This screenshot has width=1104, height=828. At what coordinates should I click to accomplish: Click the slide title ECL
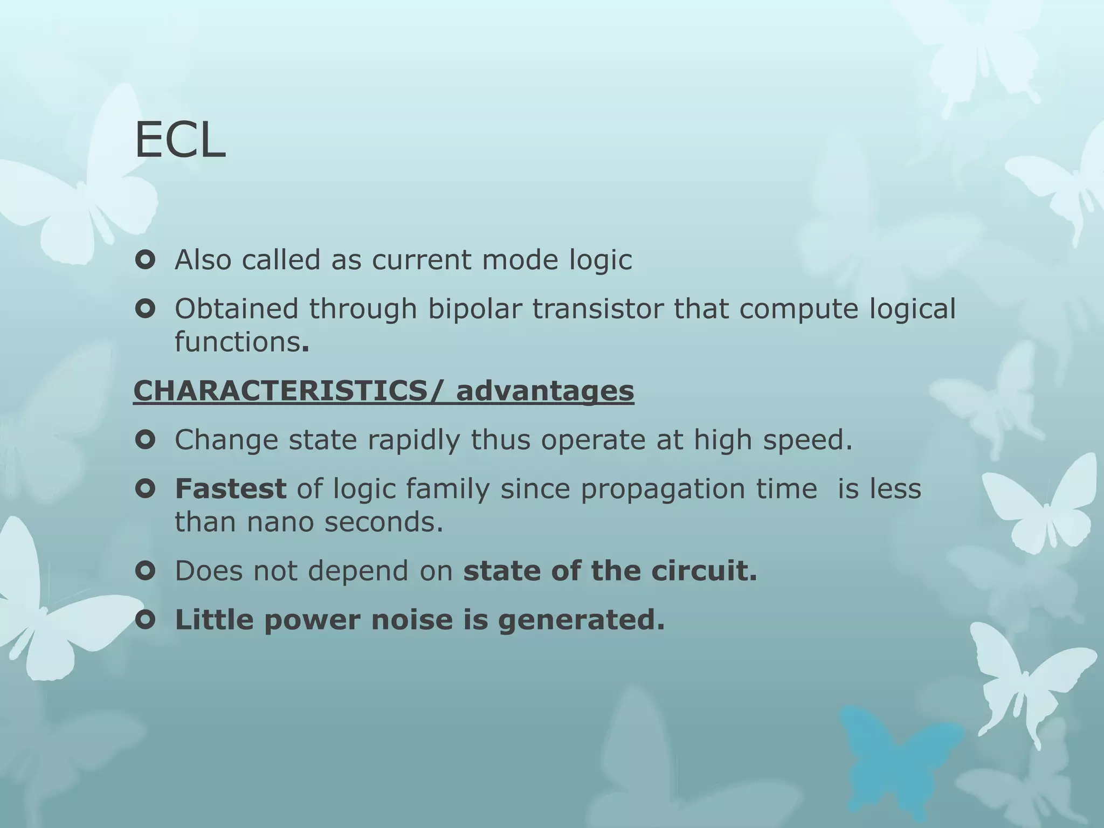tap(180, 141)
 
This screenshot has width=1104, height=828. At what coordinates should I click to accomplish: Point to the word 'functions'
tap(237, 342)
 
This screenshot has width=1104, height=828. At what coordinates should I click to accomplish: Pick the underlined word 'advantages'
tap(545, 390)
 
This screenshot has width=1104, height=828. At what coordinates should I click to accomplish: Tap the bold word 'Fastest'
tap(230, 489)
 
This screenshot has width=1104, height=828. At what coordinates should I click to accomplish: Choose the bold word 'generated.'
tap(581, 620)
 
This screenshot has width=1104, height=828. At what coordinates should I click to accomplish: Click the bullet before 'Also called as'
tap(146, 260)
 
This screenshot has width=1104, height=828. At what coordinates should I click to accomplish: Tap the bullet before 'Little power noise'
tap(146, 620)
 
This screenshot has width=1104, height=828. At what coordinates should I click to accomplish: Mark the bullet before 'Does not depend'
tap(146, 571)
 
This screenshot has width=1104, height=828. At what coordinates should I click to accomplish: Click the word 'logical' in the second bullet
tap(912, 309)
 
